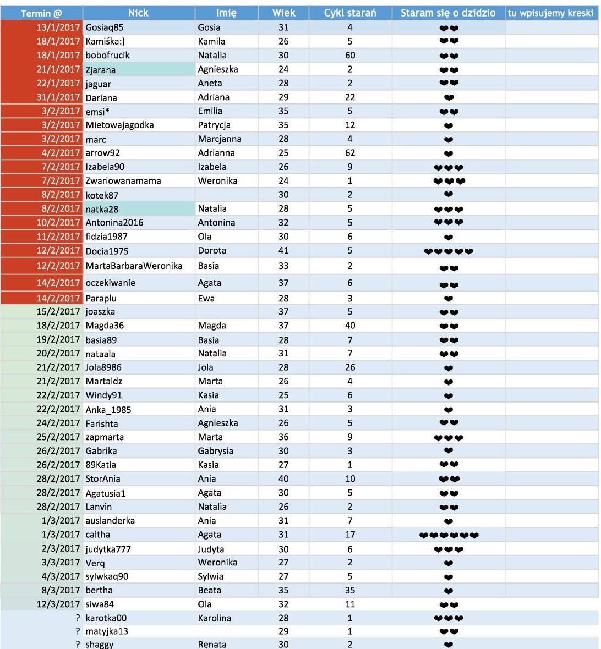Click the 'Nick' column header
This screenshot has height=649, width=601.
138,13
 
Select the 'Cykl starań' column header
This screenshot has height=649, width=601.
350,13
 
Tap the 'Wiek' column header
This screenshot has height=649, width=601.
283,13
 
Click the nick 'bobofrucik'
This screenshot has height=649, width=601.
107,55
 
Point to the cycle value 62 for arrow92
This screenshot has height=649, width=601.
350,153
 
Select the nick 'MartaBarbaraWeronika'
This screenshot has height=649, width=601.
134,266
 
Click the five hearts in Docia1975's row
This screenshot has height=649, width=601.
449,251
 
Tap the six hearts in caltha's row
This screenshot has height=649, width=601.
449,535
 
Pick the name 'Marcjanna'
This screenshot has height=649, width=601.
220,139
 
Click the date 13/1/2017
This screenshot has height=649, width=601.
58,27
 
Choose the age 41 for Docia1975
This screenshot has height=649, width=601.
283,250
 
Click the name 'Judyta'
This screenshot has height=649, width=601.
211,549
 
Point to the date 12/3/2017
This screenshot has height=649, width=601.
58,604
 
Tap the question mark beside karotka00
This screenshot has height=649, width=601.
78,618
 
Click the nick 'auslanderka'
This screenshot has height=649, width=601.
110,520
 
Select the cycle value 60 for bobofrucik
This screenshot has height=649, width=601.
350,55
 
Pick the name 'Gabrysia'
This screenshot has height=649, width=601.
215,450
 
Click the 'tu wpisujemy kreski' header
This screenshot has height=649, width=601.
550,13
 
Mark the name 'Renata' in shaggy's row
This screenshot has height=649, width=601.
212,644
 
